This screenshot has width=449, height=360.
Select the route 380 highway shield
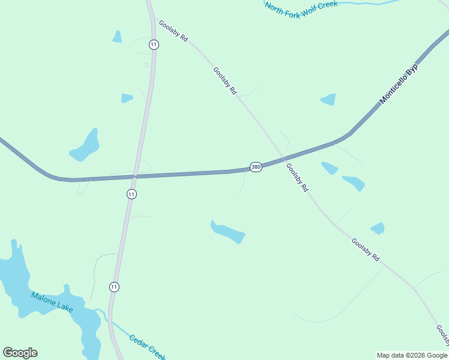point(256,167)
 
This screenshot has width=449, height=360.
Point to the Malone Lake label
point(52,302)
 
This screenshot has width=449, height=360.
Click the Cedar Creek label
point(147,347)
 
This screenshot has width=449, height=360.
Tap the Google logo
point(20,353)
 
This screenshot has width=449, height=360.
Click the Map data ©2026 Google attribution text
point(412,355)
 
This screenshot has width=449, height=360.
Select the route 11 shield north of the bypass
point(154,44)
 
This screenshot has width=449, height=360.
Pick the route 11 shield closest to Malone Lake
point(114,287)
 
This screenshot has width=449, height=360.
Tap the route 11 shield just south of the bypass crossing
point(131,194)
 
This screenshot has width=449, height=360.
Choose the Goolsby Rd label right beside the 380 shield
point(297,178)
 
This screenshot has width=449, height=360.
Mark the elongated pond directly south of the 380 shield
point(228,232)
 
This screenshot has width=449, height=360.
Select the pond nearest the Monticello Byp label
point(328,99)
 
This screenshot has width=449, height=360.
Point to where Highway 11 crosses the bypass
point(136,176)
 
